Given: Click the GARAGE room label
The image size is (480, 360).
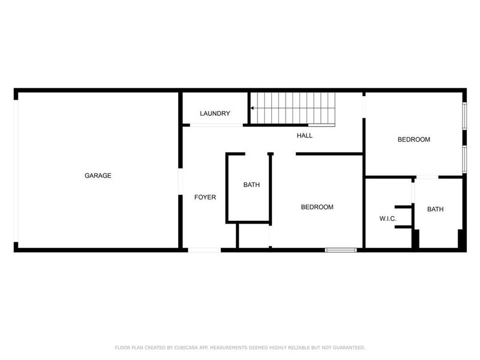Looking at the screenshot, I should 98,176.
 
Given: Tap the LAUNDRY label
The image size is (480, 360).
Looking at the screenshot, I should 215,113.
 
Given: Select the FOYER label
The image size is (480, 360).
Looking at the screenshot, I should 205,197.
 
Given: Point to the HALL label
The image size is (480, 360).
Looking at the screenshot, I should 305,136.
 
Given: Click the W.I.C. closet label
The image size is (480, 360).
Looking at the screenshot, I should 388,218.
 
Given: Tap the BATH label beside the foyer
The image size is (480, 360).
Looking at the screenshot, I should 251,185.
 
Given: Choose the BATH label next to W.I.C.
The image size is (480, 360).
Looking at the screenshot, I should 436,209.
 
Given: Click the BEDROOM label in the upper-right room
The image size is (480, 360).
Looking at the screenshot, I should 414,140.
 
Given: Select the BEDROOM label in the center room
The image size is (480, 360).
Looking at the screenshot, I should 317,207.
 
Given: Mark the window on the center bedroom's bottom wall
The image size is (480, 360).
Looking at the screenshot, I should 341,250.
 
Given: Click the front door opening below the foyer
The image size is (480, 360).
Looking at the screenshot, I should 205,250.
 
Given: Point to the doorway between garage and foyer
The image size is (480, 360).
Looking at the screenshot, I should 179,180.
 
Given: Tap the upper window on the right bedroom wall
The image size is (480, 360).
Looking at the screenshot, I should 464,116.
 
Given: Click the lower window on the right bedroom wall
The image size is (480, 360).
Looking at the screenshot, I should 464,159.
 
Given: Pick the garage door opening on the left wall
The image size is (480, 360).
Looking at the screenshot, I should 16,170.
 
